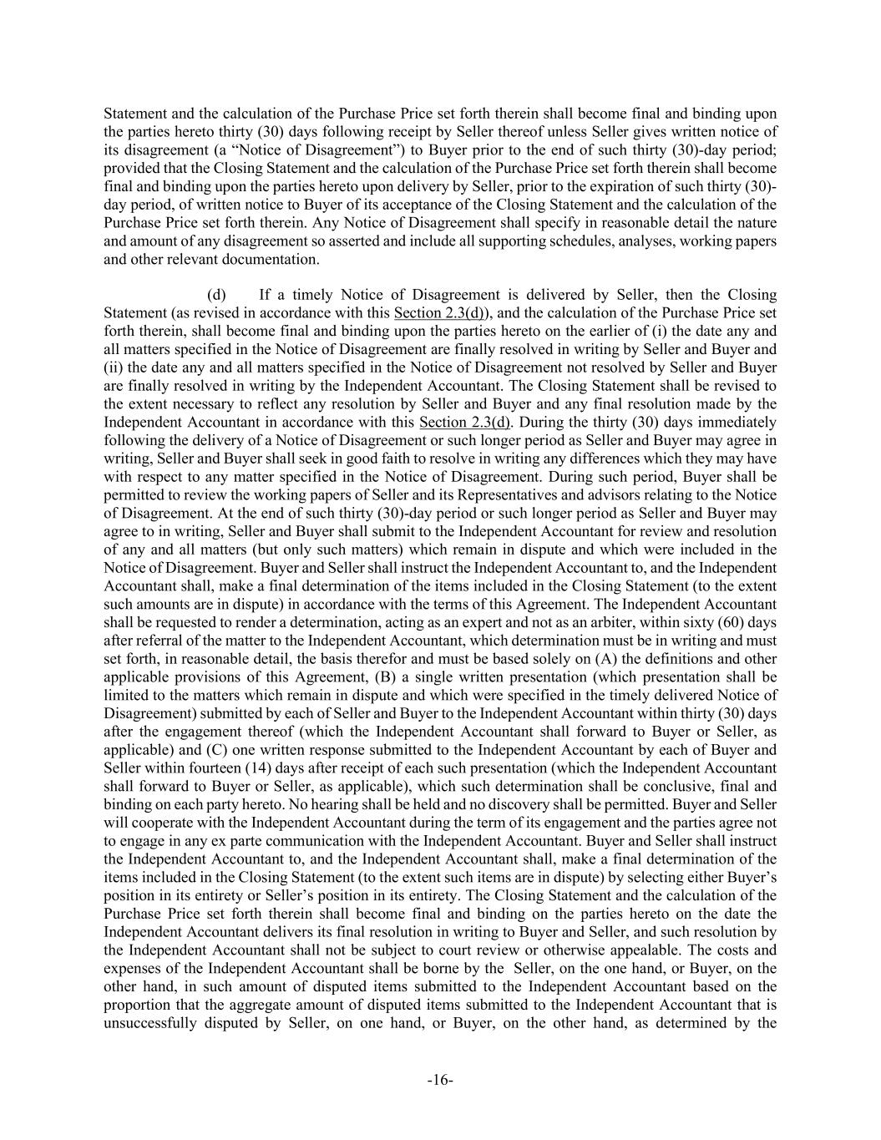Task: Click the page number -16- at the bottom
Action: point(440,1080)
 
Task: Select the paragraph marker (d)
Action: point(216,295)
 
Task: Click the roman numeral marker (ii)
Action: point(114,367)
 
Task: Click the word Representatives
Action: point(542,495)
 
